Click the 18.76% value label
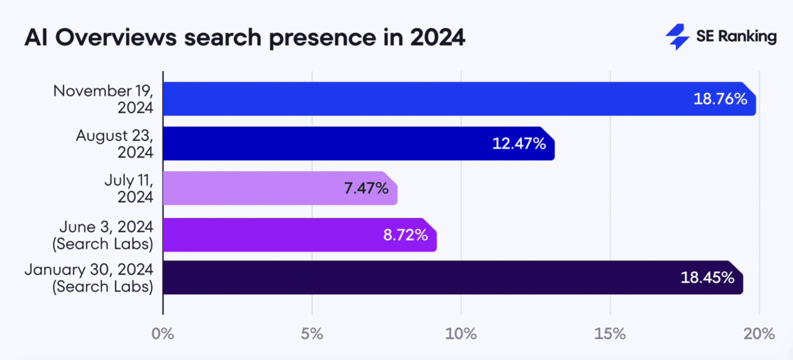click(x=720, y=99)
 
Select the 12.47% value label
click(x=519, y=144)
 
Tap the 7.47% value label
click(x=366, y=189)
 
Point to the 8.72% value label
click(x=405, y=235)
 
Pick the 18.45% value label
click(x=707, y=278)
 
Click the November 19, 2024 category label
click(x=103, y=99)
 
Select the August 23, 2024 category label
click(x=115, y=144)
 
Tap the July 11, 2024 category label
click(x=129, y=189)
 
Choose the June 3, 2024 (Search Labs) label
click(x=103, y=235)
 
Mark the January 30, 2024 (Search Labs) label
click(x=89, y=278)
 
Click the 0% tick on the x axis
click(x=163, y=334)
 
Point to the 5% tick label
click(x=312, y=334)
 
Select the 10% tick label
click(x=461, y=334)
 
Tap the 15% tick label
click(x=610, y=334)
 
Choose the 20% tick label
click(x=759, y=334)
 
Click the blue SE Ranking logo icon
click(x=677, y=37)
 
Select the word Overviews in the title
click(x=116, y=38)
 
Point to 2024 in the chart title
click(x=437, y=38)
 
